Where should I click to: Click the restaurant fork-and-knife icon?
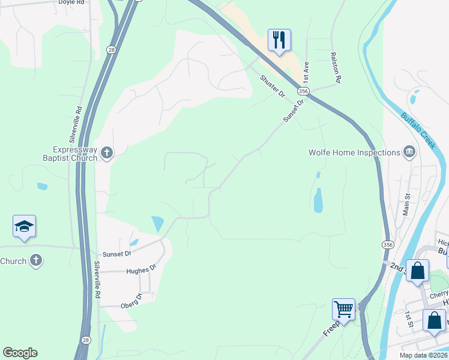click(x=279, y=40)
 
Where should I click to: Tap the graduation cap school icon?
click(x=24, y=226)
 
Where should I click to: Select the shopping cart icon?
click(x=344, y=310)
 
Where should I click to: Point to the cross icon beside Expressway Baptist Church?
click(x=107, y=153)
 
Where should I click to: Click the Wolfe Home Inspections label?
click(x=354, y=152)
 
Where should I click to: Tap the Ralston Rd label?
click(x=336, y=67)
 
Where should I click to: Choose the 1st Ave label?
click(x=306, y=71)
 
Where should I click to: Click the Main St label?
click(x=406, y=203)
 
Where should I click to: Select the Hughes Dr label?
click(x=141, y=271)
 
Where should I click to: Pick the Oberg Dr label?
click(x=131, y=297)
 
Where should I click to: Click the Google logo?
click(x=20, y=353)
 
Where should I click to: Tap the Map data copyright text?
click(x=421, y=355)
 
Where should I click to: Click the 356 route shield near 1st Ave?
click(x=303, y=91)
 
